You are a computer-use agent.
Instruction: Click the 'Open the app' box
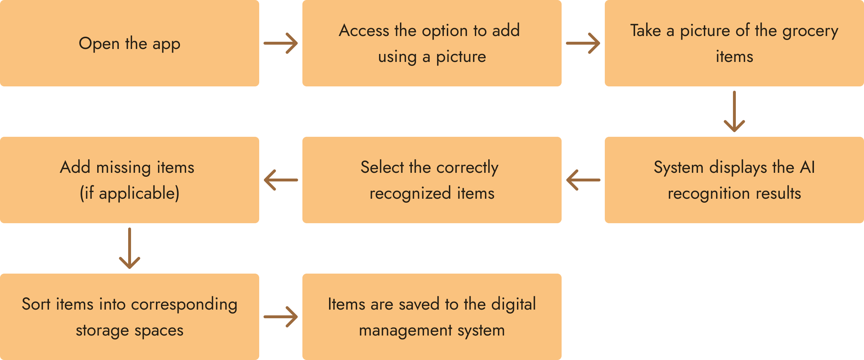[x=130, y=43]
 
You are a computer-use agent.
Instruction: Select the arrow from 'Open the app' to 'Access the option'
[x=281, y=43]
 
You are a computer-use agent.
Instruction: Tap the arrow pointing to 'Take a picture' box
[x=583, y=43]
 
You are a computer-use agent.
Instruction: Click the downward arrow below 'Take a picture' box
[x=734, y=112]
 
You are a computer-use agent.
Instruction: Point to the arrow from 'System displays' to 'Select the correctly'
[x=583, y=180]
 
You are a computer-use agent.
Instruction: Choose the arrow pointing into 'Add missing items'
[x=281, y=180]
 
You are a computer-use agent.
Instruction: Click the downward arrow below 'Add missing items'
[x=130, y=248]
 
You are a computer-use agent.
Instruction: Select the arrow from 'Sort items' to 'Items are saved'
[x=281, y=317]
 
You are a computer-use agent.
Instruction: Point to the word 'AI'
[x=807, y=167]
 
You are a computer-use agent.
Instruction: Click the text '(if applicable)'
[x=130, y=193]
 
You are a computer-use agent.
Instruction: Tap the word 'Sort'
[x=36, y=304]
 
